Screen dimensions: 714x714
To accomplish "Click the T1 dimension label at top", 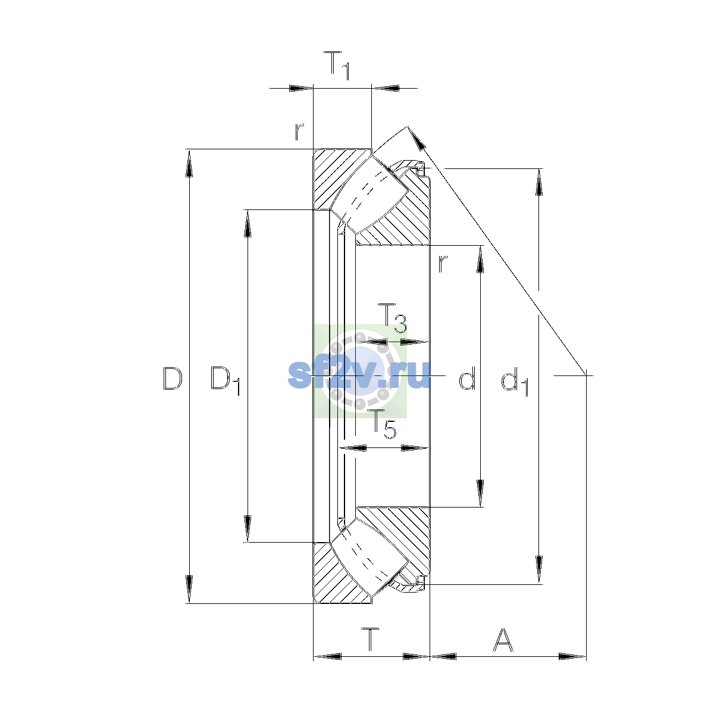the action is pyautogui.click(x=337, y=65).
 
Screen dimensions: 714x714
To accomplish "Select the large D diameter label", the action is pyautogui.click(x=173, y=378).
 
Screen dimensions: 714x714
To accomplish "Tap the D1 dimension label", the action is pyautogui.click(x=226, y=381).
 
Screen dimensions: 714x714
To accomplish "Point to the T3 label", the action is pyautogui.click(x=392, y=318).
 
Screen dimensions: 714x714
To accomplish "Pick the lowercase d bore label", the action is pyautogui.click(x=467, y=378).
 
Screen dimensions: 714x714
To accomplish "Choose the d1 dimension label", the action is pyautogui.click(x=515, y=381).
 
